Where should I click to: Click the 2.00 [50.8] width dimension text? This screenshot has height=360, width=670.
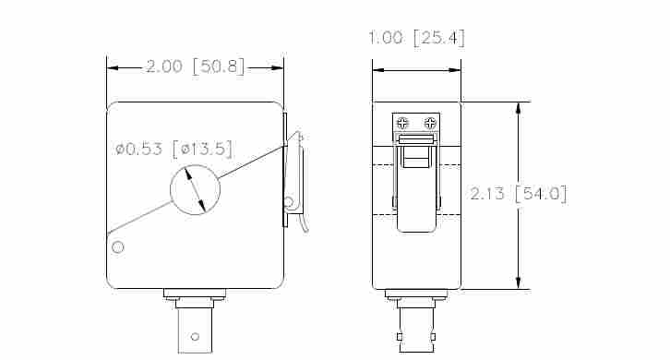tap(195, 67)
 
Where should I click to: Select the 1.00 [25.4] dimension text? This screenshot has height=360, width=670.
tap(416, 38)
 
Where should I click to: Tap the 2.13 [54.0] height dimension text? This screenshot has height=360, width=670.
tap(518, 194)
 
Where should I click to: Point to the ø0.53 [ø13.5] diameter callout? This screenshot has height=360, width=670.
tap(173, 149)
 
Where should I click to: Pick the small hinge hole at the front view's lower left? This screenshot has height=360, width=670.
tap(117, 246)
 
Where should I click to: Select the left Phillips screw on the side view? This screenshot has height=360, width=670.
tap(402, 123)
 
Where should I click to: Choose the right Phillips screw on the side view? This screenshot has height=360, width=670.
tap(429, 123)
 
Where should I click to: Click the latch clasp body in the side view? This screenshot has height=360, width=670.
tap(416, 185)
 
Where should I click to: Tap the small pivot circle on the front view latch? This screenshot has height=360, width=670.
tap(288, 202)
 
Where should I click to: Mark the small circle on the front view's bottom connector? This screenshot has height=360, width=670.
tap(195, 337)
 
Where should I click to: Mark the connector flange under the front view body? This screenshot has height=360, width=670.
tap(195, 294)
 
